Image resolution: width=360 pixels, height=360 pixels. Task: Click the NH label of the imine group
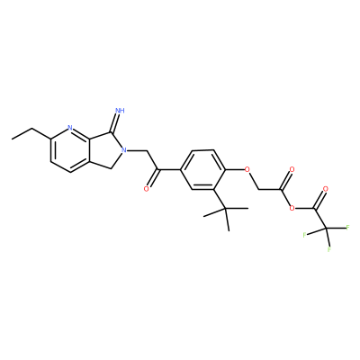(x=121, y=110)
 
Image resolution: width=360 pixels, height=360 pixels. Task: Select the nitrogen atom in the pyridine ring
(x=70, y=129)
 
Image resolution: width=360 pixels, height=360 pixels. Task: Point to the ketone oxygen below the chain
(x=147, y=189)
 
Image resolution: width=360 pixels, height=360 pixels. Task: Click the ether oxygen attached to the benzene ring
(x=247, y=170)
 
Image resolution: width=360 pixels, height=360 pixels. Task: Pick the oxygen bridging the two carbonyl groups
(x=290, y=208)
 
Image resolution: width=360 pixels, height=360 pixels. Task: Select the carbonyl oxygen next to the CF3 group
(x=325, y=189)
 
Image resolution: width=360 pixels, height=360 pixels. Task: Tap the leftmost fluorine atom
(x=304, y=235)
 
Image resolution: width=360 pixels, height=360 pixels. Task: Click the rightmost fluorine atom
(x=348, y=227)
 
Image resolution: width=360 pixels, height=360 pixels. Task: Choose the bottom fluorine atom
(x=329, y=249)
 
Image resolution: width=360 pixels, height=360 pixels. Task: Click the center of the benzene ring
(x=202, y=170)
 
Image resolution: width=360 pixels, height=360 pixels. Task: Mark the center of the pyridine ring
(x=71, y=150)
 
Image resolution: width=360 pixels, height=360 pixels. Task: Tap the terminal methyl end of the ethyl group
(x=12, y=139)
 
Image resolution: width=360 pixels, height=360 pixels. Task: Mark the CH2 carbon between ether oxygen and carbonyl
(x=258, y=189)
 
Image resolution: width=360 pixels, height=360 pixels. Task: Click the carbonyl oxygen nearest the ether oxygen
(x=291, y=170)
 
